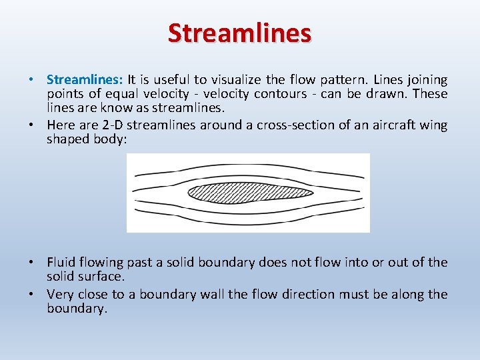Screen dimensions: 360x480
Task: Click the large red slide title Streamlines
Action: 239,32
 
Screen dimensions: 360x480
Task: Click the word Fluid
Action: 61,263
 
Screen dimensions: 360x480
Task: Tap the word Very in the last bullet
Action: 60,295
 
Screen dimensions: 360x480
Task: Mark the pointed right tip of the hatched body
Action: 312,193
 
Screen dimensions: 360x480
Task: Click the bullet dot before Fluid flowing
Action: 32,263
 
